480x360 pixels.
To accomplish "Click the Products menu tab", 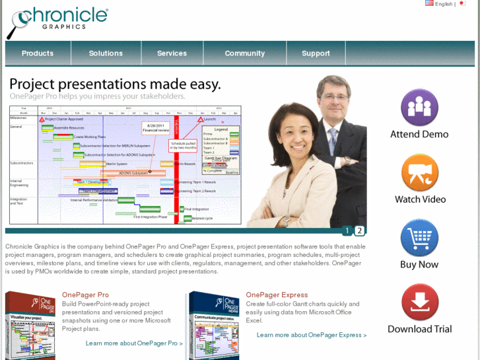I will coord(38,54).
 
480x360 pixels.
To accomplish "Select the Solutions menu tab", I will coord(106,54).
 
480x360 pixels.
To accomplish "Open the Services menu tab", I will coord(172,54).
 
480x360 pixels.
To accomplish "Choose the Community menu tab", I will coord(244,54).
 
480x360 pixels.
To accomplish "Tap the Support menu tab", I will coord(316,54).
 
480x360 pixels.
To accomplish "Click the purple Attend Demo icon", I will coord(419,107).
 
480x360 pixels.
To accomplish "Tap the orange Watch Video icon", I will coord(420,172).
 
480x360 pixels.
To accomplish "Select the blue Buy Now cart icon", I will coord(419,238).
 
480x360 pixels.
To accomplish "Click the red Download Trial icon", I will coord(420,303).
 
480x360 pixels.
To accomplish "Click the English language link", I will coord(443,4).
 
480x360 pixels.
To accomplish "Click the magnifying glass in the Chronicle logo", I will coord(16,26).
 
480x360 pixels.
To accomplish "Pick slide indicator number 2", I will coord(359,231).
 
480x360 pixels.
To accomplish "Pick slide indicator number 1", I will coord(347,231).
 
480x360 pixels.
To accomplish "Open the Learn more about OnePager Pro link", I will coord(134,343).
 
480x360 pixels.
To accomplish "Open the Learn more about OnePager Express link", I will coord(311,335).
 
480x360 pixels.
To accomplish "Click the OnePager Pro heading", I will coord(85,295).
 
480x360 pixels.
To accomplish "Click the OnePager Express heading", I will coord(277,295).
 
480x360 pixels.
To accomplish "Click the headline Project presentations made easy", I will coord(115,85).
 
